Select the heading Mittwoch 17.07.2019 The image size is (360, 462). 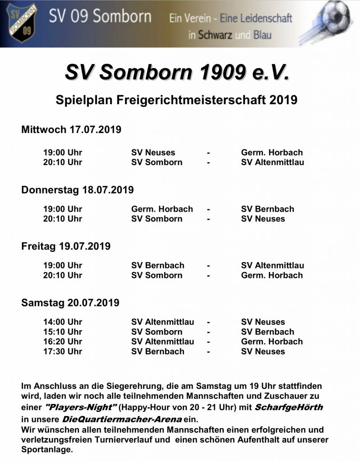[71, 130]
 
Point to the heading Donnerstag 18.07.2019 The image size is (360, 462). [78, 190]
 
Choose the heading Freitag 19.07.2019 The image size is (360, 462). [66, 247]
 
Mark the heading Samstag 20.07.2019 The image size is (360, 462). [70, 303]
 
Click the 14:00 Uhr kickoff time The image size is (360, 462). [63, 322]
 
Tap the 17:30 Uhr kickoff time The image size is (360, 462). [63, 351]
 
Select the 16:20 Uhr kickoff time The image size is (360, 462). [63, 342]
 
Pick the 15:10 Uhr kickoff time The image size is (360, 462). [63, 332]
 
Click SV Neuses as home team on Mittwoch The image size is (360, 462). [153, 152]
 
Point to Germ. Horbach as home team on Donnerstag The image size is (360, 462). [162, 209]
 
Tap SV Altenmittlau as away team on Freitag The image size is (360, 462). [272, 265]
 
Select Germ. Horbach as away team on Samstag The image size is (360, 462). [272, 342]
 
